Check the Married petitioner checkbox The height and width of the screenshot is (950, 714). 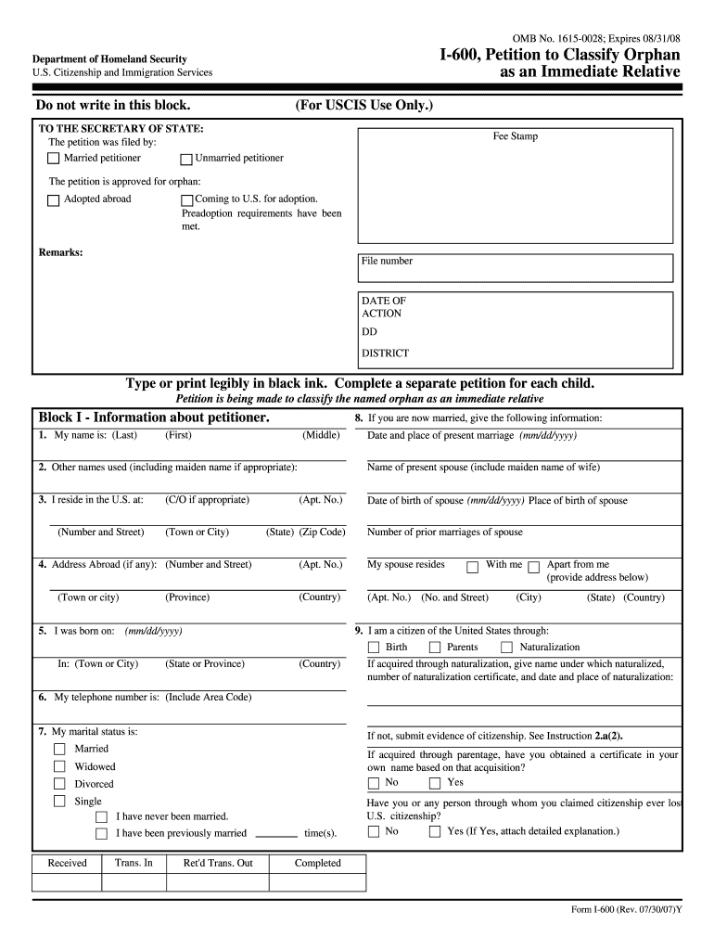pyautogui.click(x=54, y=159)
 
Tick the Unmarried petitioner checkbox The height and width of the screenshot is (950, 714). pyautogui.click(x=185, y=159)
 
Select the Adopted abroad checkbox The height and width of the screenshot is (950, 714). pyautogui.click(x=54, y=199)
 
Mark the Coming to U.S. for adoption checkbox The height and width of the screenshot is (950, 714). pyautogui.click(x=186, y=199)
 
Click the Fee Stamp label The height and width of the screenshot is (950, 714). pyautogui.click(x=515, y=136)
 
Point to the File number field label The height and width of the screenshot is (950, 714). pyautogui.click(x=387, y=261)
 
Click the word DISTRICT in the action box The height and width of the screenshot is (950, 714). pyautogui.click(x=385, y=353)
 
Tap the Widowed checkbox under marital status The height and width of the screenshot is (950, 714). pyautogui.click(x=59, y=766)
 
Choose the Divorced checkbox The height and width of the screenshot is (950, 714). pyautogui.click(x=59, y=784)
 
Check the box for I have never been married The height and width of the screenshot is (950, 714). pyautogui.click(x=102, y=816)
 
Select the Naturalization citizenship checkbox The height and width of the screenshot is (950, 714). pyautogui.click(x=506, y=648)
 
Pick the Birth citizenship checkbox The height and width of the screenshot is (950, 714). pyautogui.click(x=374, y=648)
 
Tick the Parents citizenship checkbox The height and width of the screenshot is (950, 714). pyautogui.click(x=434, y=648)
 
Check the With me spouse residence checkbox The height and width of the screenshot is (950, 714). pyautogui.click(x=472, y=566)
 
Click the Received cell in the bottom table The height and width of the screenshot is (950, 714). pyautogui.click(x=67, y=863)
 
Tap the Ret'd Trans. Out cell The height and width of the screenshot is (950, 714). pyautogui.click(x=218, y=863)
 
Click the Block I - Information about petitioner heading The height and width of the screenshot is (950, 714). pyautogui.click(x=154, y=417)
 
